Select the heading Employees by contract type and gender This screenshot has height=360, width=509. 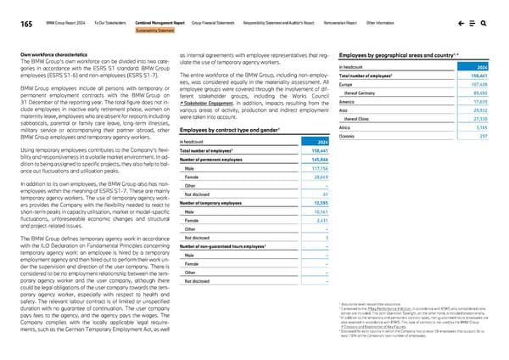pyautogui.click(x=221, y=128)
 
